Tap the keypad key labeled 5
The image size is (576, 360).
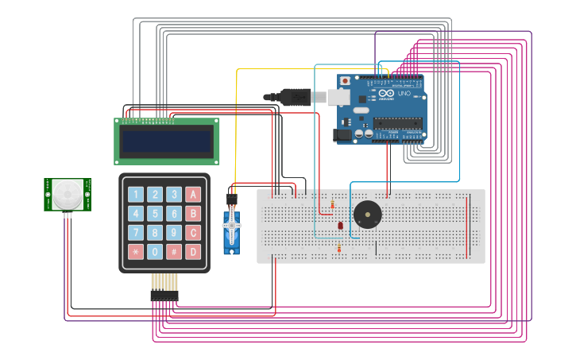tap(155, 213)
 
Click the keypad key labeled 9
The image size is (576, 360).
tap(174, 233)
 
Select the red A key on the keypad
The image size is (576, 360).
tap(193, 194)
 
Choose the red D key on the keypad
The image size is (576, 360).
tap(193, 252)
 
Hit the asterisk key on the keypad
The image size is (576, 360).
tap(136, 252)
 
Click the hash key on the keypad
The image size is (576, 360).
tap(174, 252)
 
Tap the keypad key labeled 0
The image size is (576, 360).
tap(155, 252)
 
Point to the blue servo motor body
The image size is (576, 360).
tap(231, 230)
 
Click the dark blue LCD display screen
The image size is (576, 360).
tap(166, 141)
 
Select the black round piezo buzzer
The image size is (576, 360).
tap(367, 215)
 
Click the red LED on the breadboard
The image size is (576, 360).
tap(340, 226)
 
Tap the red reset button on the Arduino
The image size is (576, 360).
tap(345, 80)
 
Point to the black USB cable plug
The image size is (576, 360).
tap(294, 97)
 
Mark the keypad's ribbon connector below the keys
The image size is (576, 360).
tap(164, 296)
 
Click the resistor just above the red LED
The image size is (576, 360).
tap(332, 206)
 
